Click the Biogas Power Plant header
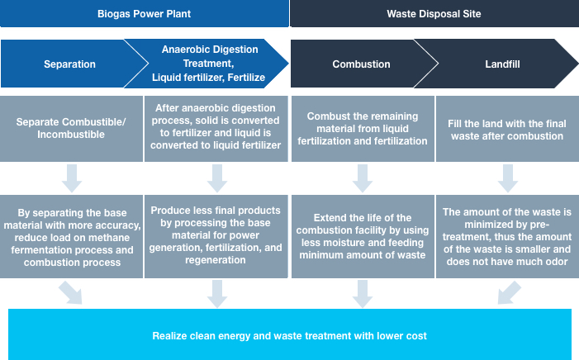pyautogui.click(x=144, y=14)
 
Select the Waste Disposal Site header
pyautogui.click(x=434, y=14)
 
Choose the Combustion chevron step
pyautogui.click(x=361, y=64)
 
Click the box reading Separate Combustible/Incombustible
pyautogui.click(x=71, y=129)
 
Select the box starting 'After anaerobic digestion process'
pyautogui.click(x=216, y=129)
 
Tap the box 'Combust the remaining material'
pyautogui.click(x=363, y=129)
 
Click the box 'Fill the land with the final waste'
pyautogui.click(x=507, y=129)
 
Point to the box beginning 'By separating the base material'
pyautogui.click(x=71, y=236)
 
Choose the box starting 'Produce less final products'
pyautogui.click(x=216, y=236)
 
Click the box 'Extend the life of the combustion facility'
pyautogui.click(x=363, y=236)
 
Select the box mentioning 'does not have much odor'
pyautogui.click(x=507, y=236)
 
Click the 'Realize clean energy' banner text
pyautogui.click(x=289, y=335)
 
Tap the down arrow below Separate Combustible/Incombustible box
pyautogui.click(x=72, y=178)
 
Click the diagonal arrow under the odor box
pyautogui.click(x=509, y=293)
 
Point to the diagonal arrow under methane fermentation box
pyautogui.click(x=71, y=293)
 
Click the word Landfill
pyautogui.click(x=502, y=64)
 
